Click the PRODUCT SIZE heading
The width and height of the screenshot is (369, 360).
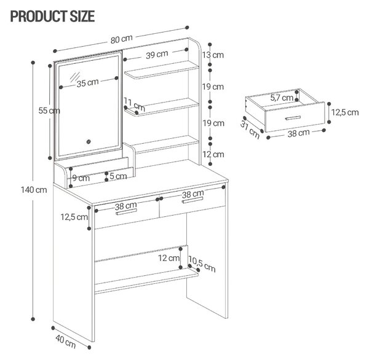pyautogui.click(x=52, y=16)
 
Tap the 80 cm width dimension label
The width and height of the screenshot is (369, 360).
pyautogui.click(x=122, y=39)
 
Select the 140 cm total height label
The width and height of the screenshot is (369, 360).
pyautogui.click(x=34, y=190)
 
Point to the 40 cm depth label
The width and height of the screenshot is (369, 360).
pyautogui.click(x=66, y=342)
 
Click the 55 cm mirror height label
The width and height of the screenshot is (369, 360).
pyautogui.click(x=49, y=111)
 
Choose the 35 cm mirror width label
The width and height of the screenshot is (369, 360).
pyautogui.click(x=87, y=83)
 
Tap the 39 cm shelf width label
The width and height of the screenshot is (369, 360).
pyautogui.click(x=157, y=55)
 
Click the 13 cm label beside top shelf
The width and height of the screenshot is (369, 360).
pyautogui.click(x=213, y=55)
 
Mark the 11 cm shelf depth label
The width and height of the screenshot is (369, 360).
pyautogui.click(x=134, y=104)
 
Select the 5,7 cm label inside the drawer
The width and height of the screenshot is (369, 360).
pyautogui.click(x=282, y=98)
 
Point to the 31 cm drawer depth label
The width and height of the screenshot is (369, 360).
pyautogui.click(x=250, y=130)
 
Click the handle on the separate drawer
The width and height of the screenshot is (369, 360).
pyautogui.click(x=293, y=118)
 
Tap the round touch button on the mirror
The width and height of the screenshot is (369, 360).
pyautogui.click(x=89, y=141)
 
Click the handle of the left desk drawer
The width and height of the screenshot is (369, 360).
pyautogui.click(x=126, y=211)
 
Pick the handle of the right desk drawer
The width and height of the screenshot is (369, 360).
pyautogui.click(x=192, y=200)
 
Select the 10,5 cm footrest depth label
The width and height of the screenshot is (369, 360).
pyautogui.click(x=202, y=264)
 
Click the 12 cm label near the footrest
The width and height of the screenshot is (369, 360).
pyautogui.click(x=169, y=258)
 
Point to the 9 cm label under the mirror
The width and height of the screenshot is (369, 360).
pyautogui.click(x=81, y=178)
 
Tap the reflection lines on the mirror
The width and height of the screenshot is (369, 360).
pyautogui.click(x=75, y=77)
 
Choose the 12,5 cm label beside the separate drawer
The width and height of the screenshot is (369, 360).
pyautogui.click(x=345, y=112)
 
